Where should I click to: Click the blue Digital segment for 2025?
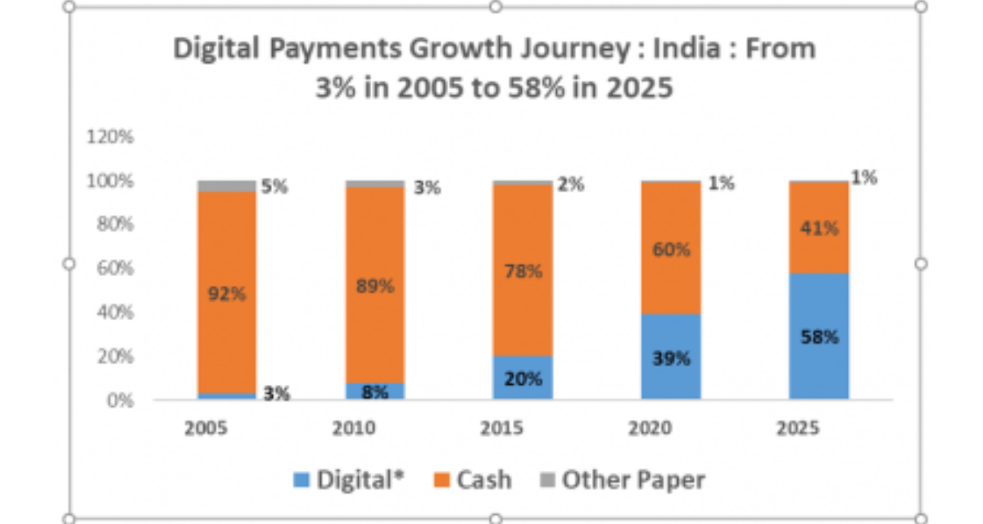(819, 337)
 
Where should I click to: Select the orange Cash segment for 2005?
(227, 292)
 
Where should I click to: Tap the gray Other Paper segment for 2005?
(227, 187)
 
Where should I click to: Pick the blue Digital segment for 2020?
(671, 356)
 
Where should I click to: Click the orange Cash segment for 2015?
(523, 270)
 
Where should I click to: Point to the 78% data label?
(523, 272)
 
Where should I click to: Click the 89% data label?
(375, 287)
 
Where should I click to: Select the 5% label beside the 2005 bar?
(274, 187)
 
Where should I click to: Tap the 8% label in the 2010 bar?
(375, 392)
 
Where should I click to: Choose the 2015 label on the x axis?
(501, 428)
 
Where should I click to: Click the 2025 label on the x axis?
(798, 428)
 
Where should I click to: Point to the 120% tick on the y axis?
(110, 137)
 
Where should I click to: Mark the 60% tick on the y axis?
(115, 268)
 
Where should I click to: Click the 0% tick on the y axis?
(120, 401)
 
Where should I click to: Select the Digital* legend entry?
(349, 480)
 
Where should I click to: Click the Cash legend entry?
(473, 480)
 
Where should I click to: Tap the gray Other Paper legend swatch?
(548, 480)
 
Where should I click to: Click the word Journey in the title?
(575, 48)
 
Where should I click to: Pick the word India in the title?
(686, 47)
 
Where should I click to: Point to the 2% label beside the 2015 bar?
(571, 184)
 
